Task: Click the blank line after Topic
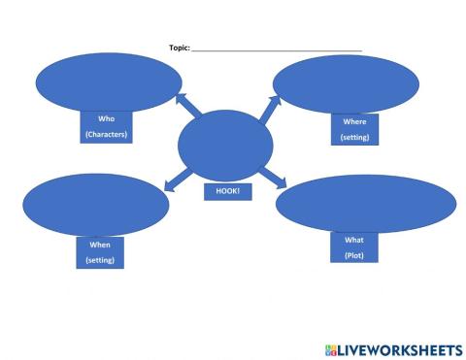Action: (x=277, y=49)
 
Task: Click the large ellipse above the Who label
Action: (x=104, y=83)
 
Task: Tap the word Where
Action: (x=354, y=122)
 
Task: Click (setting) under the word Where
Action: (x=354, y=138)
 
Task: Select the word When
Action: (x=100, y=245)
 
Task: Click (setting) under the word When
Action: (x=100, y=260)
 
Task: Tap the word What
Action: (x=353, y=239)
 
